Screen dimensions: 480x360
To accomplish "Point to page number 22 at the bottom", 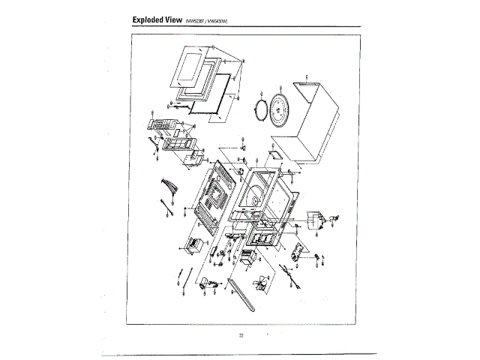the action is tap(241, 334).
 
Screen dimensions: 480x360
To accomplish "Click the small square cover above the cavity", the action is tap(271, 157).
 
